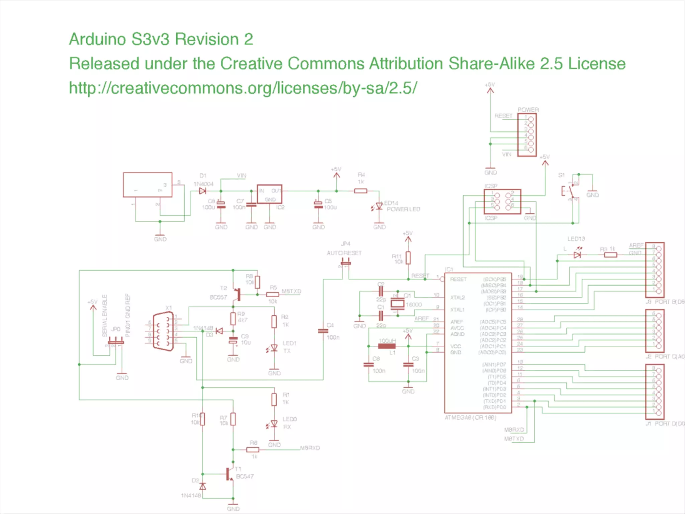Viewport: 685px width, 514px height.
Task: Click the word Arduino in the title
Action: click(97, 39)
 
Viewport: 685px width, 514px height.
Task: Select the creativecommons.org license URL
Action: click(243, 88)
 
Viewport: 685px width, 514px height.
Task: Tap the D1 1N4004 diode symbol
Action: click(202, 191)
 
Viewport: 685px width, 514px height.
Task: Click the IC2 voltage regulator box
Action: click(269, 194)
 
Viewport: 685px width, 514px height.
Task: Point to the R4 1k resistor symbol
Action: click(361, 191)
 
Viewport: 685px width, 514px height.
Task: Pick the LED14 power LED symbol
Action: click(379, 206)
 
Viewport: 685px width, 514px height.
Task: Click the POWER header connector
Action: click(527, 135)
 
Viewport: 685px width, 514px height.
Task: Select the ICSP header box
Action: click(502, 201)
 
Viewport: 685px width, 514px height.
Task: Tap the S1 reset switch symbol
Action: click(570, 191)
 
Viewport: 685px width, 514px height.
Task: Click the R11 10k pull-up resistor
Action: click(408, 258)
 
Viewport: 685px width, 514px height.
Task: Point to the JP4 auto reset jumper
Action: click(346, 263)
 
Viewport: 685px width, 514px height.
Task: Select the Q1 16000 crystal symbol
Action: click(397, 304)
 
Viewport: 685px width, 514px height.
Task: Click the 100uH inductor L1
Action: click(387, 346)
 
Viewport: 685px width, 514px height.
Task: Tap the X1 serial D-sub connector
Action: click(163, 331)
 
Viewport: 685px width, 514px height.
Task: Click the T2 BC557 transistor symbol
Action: click(237, 294)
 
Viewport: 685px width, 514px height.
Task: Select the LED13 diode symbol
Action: click(577, 255)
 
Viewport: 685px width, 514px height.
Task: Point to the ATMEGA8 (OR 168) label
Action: click(470, 418)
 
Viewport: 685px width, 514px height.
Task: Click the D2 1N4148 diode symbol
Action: click(202, 486)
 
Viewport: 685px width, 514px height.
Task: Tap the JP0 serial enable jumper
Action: click(115, 342)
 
